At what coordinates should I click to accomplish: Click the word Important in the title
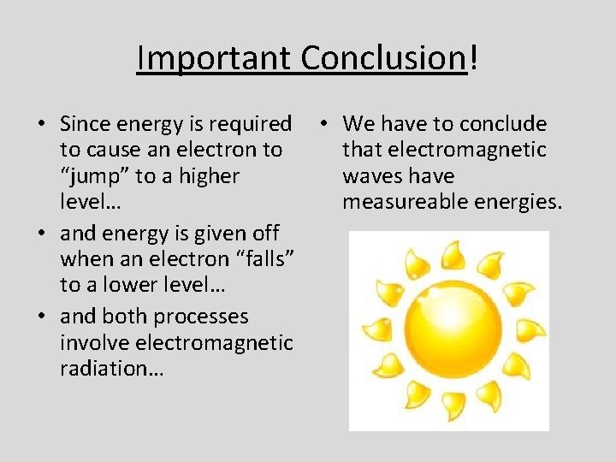(215, 58)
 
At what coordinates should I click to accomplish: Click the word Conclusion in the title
(381, 58)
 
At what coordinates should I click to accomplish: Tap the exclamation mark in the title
(473, 58)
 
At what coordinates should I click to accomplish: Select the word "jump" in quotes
(93, 177)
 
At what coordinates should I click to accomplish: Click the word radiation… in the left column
(112, 370)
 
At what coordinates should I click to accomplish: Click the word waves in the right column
(373, 177)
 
